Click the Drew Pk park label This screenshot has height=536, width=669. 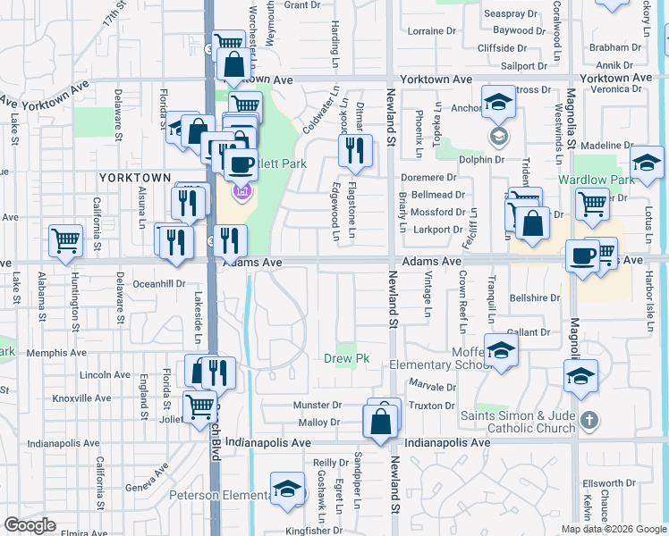point(346,359)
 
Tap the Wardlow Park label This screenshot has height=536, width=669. point(596,180)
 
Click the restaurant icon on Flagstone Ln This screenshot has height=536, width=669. point(355,154)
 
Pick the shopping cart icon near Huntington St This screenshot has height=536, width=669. point(66,239)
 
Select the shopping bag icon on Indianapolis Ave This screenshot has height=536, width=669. point(381,421)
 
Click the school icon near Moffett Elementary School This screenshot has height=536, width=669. point(501,350)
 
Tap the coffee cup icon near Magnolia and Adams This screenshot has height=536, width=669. point(582,255)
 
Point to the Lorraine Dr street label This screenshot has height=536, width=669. point(430,30)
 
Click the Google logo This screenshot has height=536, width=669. point(30,525)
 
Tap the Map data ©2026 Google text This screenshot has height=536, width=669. point(614,529)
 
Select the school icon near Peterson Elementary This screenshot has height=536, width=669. point(287,489)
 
